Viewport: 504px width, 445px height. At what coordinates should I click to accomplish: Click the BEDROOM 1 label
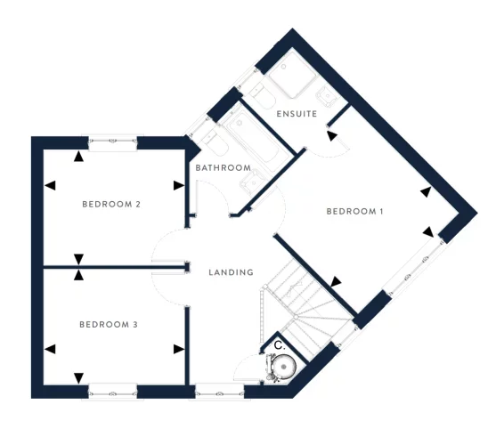[x=354, y=212]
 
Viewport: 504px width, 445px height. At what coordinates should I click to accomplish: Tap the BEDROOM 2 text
[x=112, y=205]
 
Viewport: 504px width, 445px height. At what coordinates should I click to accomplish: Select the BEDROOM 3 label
[x=108, y=325]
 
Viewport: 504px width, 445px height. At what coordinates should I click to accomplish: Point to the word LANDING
[x=231, y=272]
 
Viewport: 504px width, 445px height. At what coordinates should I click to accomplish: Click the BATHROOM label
[x=223, y=168]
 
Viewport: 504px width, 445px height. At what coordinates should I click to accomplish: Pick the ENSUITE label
[x=297, y=115]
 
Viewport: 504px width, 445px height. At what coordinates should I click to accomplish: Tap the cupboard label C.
[x=278, y=344]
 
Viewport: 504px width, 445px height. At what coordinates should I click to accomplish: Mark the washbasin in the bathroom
[x=253, y=179]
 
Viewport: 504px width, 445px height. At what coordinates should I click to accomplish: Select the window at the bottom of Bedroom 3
[x=112, y=390]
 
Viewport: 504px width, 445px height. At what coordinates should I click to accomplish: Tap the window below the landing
[x=218, y=389]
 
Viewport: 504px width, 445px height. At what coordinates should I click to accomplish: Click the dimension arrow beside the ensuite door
[x=332, y=135]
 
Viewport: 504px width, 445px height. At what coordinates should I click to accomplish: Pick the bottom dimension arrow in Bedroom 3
[x=79, y=376]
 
